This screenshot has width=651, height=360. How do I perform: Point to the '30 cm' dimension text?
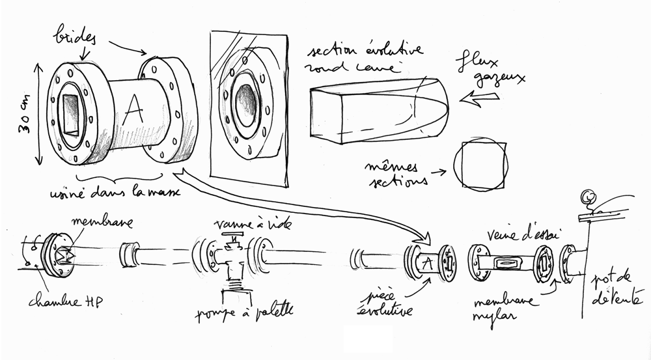pos(24,124)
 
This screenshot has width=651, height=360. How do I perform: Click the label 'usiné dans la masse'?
pos(117,193)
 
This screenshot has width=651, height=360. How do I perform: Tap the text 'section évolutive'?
pos(367,51)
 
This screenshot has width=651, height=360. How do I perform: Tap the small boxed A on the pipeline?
pos(426,263)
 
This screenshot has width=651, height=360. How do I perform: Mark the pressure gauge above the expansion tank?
pos(589,195)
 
